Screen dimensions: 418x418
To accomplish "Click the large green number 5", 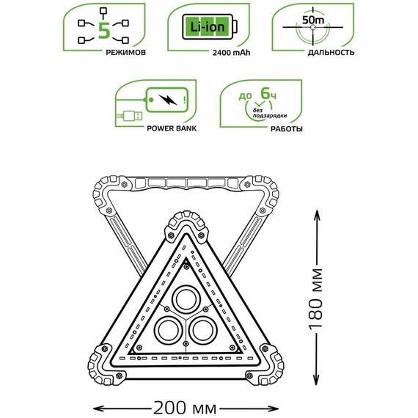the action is point(104,31).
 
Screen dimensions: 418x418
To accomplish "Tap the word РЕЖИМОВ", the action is point(126,52).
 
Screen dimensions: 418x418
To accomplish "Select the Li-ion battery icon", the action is point(210,27).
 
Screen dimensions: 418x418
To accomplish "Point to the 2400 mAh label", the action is point(232,53).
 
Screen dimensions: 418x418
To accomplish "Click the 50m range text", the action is point(313,20).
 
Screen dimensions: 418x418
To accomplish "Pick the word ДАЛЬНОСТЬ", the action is point(331,52).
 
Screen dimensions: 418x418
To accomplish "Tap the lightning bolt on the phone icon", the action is point(167,100).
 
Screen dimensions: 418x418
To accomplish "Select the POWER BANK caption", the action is point(172,128).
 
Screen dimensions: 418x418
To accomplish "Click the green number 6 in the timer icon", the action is point(265,93).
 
